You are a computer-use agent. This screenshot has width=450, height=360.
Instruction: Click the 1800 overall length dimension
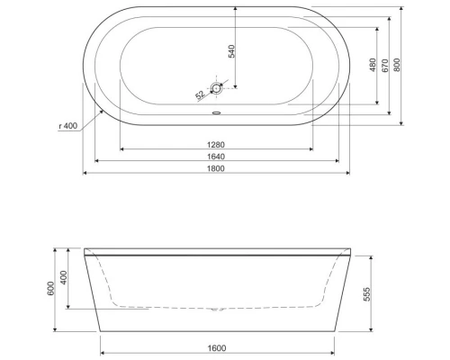point(216,168)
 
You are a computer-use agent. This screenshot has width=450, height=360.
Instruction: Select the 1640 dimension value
point(216,156)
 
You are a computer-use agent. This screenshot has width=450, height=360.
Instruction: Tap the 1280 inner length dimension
point(216,142)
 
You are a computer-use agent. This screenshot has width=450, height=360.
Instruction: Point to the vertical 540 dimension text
point(231,50)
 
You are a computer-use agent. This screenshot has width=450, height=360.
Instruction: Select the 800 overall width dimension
point(397,65)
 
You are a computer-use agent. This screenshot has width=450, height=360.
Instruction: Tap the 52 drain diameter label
point(200,93)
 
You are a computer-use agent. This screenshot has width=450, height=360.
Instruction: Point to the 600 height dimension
point(52,289)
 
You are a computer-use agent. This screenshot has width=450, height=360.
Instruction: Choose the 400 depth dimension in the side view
point(64,279)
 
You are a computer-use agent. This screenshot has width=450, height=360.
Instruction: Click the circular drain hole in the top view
point(216,88)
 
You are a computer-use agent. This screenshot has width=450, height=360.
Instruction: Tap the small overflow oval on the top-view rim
point(216,113)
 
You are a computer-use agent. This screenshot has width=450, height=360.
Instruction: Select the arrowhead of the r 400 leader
point(106,109)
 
